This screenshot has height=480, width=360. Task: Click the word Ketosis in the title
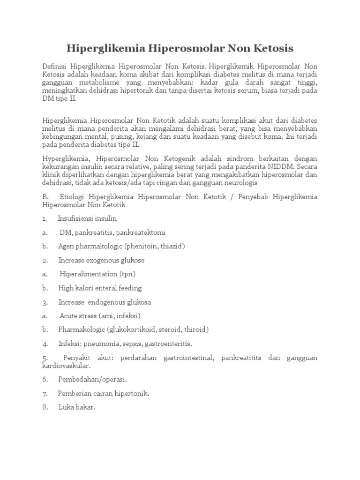tap(270, 49)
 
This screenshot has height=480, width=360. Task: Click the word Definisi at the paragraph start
tap(55, 67)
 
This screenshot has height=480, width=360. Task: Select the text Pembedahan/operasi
tap(93, 379)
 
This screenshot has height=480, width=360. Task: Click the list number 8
tap(45, 407)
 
